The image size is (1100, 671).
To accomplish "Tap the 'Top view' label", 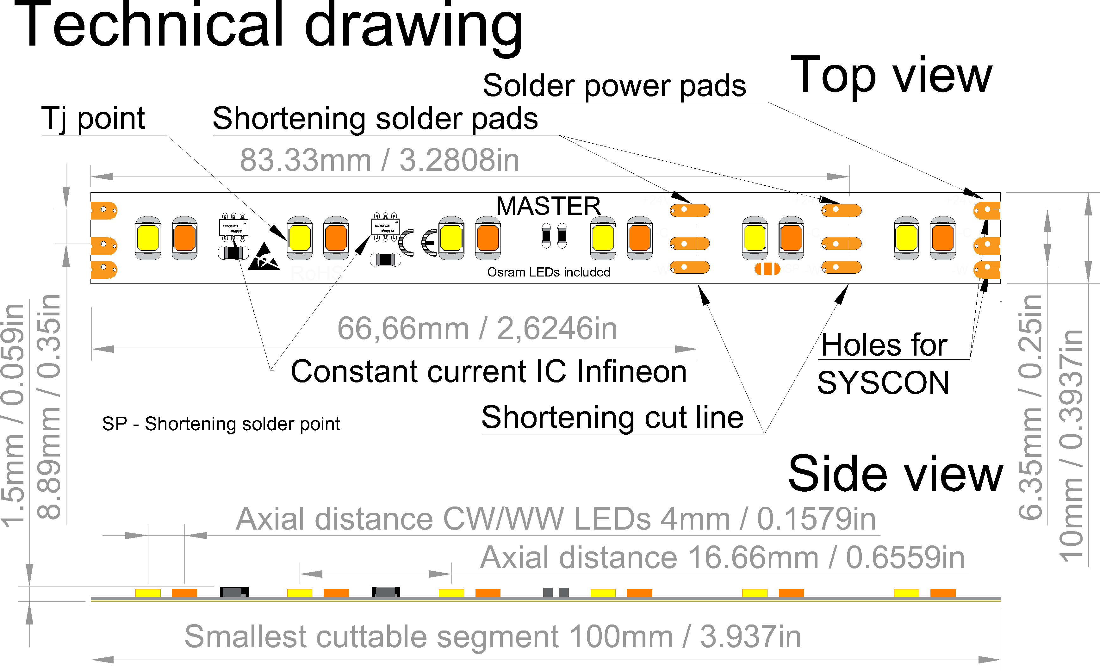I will pos(891,76).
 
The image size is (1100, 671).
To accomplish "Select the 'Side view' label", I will pos(895,474).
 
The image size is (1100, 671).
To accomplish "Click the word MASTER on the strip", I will pos(548,206).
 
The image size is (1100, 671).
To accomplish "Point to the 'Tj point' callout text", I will pos(93,119).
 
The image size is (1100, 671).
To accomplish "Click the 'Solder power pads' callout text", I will pos(614,86).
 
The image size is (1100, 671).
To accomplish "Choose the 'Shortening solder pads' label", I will pos(375,119).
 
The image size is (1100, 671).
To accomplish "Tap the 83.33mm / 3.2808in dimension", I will pos(379,160).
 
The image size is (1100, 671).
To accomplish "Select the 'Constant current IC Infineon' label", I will pos(488,371).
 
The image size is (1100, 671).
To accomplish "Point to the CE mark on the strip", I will pos(417,242).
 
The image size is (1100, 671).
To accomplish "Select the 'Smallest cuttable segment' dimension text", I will pos(492,636).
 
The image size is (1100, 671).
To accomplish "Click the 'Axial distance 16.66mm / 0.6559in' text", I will pos(722,558).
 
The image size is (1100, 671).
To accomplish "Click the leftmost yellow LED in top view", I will pos(148,238).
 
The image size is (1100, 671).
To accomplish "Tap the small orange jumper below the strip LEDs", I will pos(767,269).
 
